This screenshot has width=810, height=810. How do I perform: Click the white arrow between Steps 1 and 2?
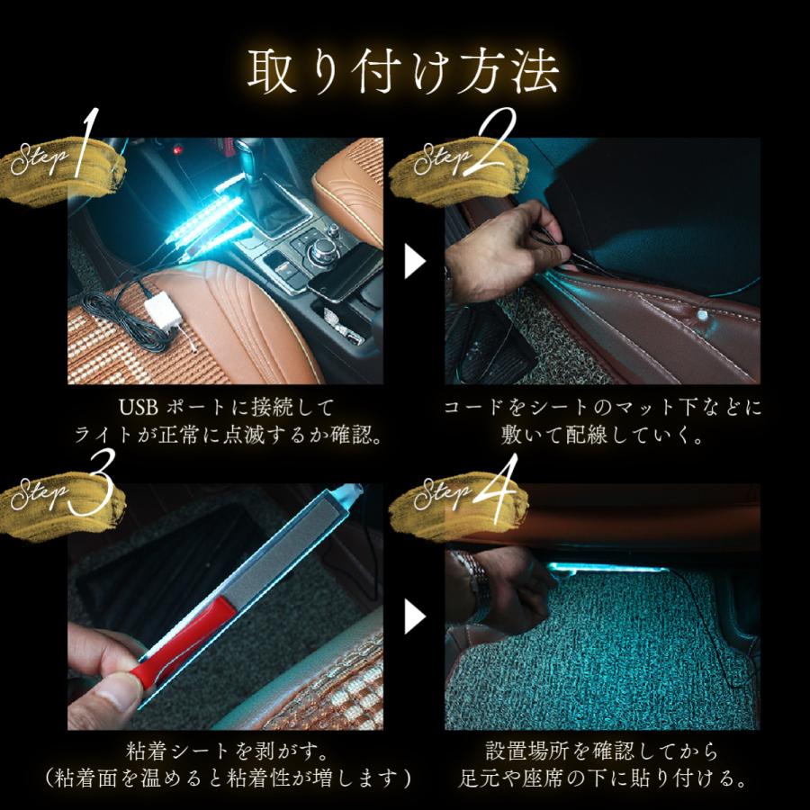point(415,262)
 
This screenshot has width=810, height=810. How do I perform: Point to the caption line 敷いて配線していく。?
point(604,435)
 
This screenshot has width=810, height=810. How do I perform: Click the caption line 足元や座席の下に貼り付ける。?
point(604,777)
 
